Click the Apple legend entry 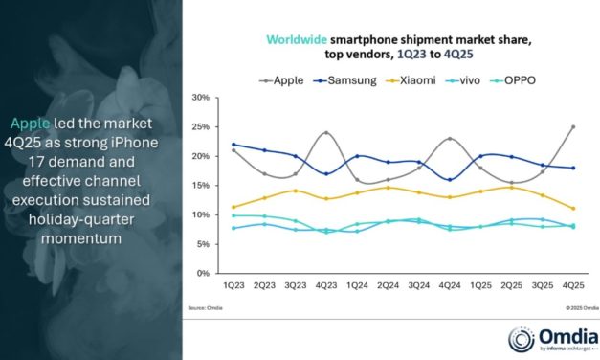click(284, 79)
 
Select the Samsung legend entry click(345, 79)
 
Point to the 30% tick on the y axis click(201, 98)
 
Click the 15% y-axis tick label click(201, 186)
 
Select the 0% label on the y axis click(204, 273)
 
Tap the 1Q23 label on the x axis click(233, 285)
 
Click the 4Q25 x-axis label click(572, 285)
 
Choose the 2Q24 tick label click(388, 285)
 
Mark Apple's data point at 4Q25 click(572, 126)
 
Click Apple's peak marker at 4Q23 click(326, 133)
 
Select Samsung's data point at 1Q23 click(233, 145)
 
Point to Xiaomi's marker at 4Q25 click(572, 208)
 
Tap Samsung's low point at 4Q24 click(450, 179)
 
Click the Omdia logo click(550, 336)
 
